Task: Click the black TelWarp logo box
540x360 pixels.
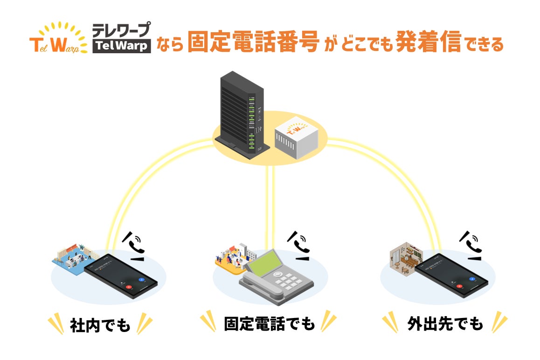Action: (122, 46)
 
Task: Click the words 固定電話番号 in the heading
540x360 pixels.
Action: (253, 43)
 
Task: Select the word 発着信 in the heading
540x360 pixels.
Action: (429, 43)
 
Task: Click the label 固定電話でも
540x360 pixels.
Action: (270, 324)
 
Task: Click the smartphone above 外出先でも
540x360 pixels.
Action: (451, 275)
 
